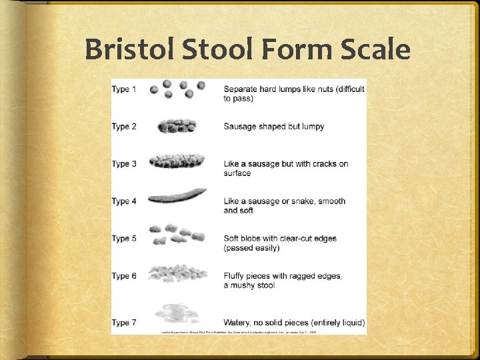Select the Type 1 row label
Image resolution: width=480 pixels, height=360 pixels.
tap(124, 89)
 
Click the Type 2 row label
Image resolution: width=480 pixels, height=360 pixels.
tap(124, 127)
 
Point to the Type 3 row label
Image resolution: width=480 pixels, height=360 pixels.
tap(124, 164)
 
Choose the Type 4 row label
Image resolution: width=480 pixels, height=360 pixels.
tap(124, 201)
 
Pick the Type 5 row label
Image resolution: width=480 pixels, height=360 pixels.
tap(124, 239)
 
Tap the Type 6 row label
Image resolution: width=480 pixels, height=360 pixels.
tap(124, 276)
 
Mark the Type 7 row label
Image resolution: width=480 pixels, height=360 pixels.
tap(124, 323)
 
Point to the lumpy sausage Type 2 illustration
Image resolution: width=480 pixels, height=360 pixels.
tap(177, 125)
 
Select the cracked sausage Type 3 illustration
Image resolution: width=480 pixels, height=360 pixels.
tap(177, 162)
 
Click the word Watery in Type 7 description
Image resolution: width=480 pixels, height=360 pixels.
tap(238, 323)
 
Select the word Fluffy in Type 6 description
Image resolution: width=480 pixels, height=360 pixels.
tap(236, 276)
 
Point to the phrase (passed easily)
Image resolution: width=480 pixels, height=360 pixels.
tap(251, 248)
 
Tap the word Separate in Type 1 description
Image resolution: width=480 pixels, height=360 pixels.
tap(242, 89)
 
